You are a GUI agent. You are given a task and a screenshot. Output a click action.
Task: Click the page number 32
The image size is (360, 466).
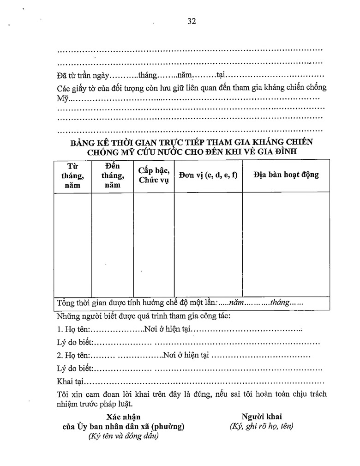(192, 21)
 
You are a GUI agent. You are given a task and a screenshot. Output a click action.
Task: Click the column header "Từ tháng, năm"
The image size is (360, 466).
(72, 176)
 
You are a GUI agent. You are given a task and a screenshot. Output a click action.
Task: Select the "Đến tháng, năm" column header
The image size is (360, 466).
(112, 176)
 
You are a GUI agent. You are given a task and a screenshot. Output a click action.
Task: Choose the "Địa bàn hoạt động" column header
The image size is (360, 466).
(286, 175)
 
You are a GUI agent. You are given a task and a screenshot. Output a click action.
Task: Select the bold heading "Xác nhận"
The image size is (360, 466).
(123, 417)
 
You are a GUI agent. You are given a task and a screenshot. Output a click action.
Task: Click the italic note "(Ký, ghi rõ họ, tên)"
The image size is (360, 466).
(261, 426)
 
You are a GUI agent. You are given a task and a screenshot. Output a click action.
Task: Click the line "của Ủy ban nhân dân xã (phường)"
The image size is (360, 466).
(123, 426)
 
